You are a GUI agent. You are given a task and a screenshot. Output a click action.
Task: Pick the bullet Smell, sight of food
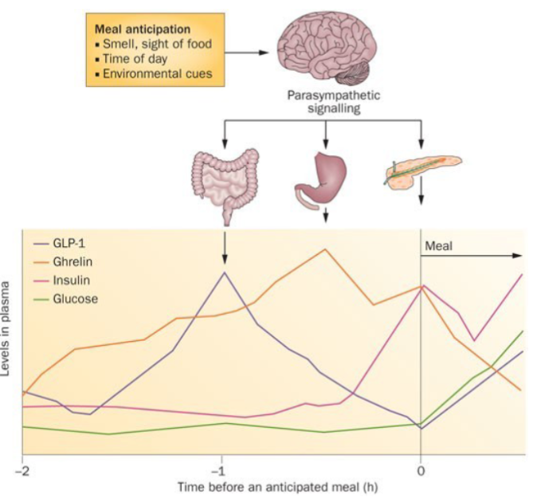click(x=153, y=45)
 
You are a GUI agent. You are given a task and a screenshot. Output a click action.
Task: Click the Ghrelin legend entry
click(x=80, y=261)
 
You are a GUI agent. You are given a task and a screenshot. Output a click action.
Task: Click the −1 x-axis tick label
click(x=221, y=468)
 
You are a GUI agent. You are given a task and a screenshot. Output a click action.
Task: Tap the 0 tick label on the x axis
click(x=421, y=468)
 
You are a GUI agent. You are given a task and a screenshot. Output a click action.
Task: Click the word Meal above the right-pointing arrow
click(x=439, y=246)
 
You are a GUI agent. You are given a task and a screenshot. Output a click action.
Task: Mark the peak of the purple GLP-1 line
click(x=224, y=273)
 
